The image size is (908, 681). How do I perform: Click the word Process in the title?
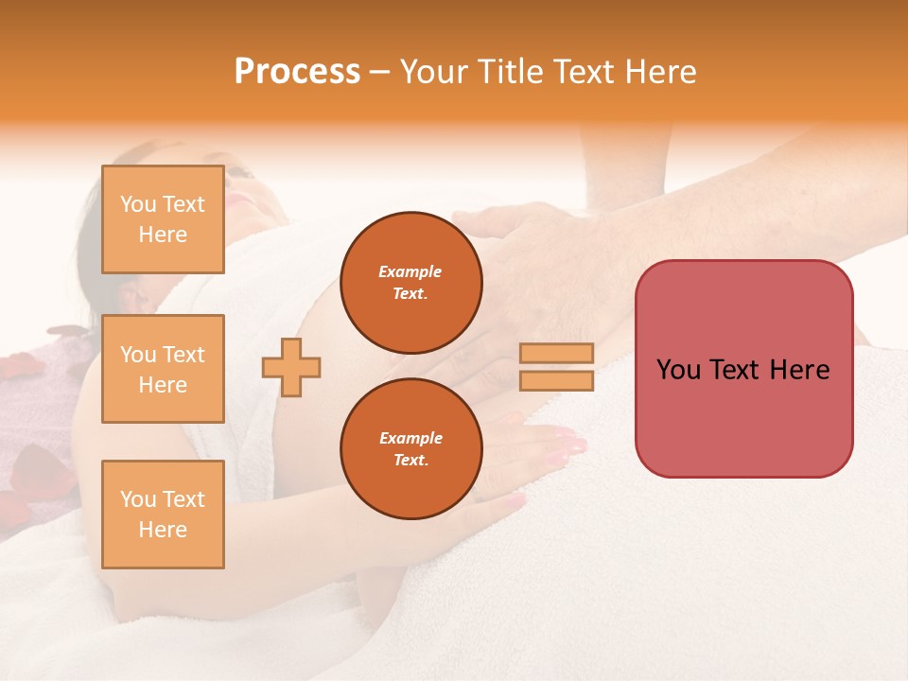(x=297, y=72)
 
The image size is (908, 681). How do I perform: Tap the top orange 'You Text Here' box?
(x=163, y=219)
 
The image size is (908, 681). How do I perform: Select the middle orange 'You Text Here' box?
(x=163, y=369)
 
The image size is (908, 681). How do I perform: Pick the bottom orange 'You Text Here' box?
(x=163, y=514)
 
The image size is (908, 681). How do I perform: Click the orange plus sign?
(x=291, y=367)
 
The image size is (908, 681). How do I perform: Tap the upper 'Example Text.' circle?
(x=410, y=283)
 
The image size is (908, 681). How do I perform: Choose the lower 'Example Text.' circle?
(x=410, y=448)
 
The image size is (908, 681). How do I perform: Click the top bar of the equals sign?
(x=556, y=354)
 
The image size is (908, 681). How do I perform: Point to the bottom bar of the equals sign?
(x=556, y=381)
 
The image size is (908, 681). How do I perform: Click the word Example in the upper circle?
(x=410, y=272)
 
